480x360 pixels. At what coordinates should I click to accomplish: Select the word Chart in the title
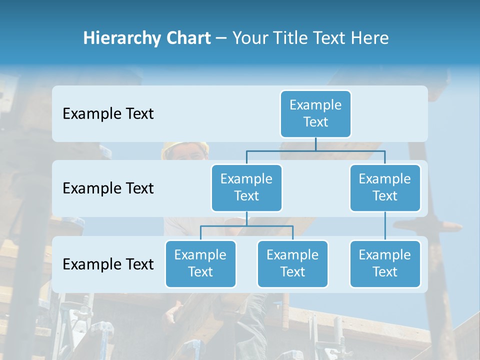tap(187, 38)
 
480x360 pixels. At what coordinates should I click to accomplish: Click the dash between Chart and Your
tap(221, 39)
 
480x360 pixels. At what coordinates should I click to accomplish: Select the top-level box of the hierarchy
tap(315, 113)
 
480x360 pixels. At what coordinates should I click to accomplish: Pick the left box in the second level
tap(246, 187)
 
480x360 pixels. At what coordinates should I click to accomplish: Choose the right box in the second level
tap(385, 187)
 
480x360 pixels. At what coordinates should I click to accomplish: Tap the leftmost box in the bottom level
tap(200, 263)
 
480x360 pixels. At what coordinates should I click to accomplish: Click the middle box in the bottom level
tap(292, 263)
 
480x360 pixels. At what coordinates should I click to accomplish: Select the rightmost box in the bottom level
tap(385, 263)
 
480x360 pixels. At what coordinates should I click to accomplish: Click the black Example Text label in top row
tap(108, 114)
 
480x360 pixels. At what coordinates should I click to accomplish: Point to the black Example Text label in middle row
tap(108, 188)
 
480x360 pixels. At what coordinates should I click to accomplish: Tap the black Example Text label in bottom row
tap(108, 264)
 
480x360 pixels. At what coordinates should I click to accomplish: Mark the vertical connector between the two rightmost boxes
tap(385, 226)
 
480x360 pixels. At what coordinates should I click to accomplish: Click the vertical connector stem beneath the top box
tap(315, 144)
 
